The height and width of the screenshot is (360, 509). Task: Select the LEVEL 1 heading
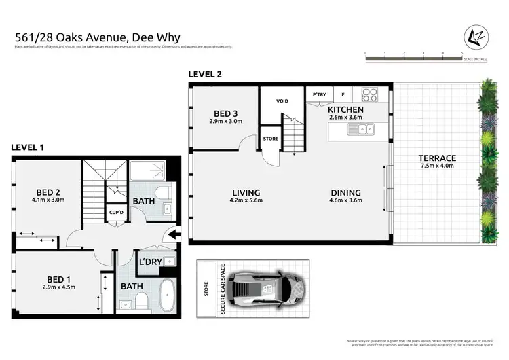28,148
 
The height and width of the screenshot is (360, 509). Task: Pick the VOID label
282,101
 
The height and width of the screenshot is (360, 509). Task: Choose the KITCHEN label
345,109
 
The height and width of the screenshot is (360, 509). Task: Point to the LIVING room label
245,192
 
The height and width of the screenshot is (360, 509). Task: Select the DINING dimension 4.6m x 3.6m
345,201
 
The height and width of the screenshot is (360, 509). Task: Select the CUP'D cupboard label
115,213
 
